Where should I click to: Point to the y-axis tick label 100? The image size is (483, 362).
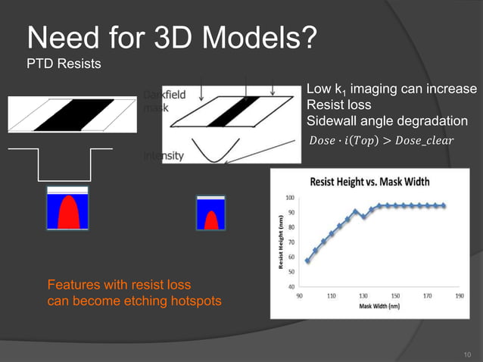click(x=291, y=198)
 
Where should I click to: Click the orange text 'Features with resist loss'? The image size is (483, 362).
click(x=119, y=286)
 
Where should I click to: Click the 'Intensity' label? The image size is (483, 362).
click(x=163, y=156)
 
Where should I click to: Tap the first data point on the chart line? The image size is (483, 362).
click(x=307, y=261)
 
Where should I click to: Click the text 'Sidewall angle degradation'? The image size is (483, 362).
click(x=387, y=122)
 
